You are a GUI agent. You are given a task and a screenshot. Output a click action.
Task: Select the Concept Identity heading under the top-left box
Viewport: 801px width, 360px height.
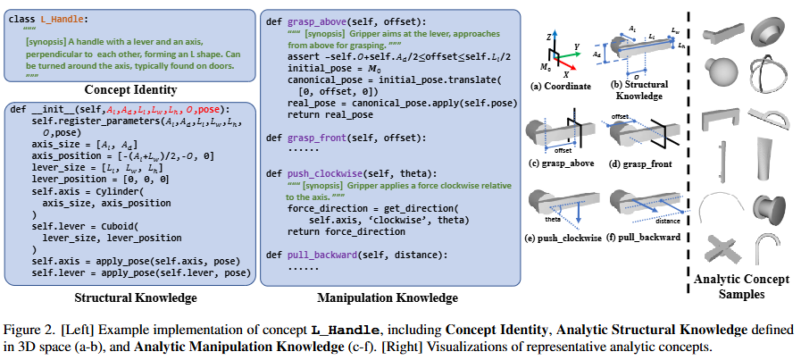click(130, 90)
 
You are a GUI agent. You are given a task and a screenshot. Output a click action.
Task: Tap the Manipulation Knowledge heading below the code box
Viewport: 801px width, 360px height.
click(388, 297)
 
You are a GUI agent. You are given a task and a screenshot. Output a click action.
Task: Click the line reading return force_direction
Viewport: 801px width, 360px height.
click(346, 231)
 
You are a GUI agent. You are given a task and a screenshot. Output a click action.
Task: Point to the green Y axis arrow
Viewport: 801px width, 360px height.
click(567, 51)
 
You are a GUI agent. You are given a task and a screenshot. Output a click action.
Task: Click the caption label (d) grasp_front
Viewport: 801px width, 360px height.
click(639, 164)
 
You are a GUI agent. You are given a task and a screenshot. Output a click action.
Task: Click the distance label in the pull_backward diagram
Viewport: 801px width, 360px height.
click(666, 222)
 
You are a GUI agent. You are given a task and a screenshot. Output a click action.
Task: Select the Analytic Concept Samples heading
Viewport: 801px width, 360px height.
click(741, 287)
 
